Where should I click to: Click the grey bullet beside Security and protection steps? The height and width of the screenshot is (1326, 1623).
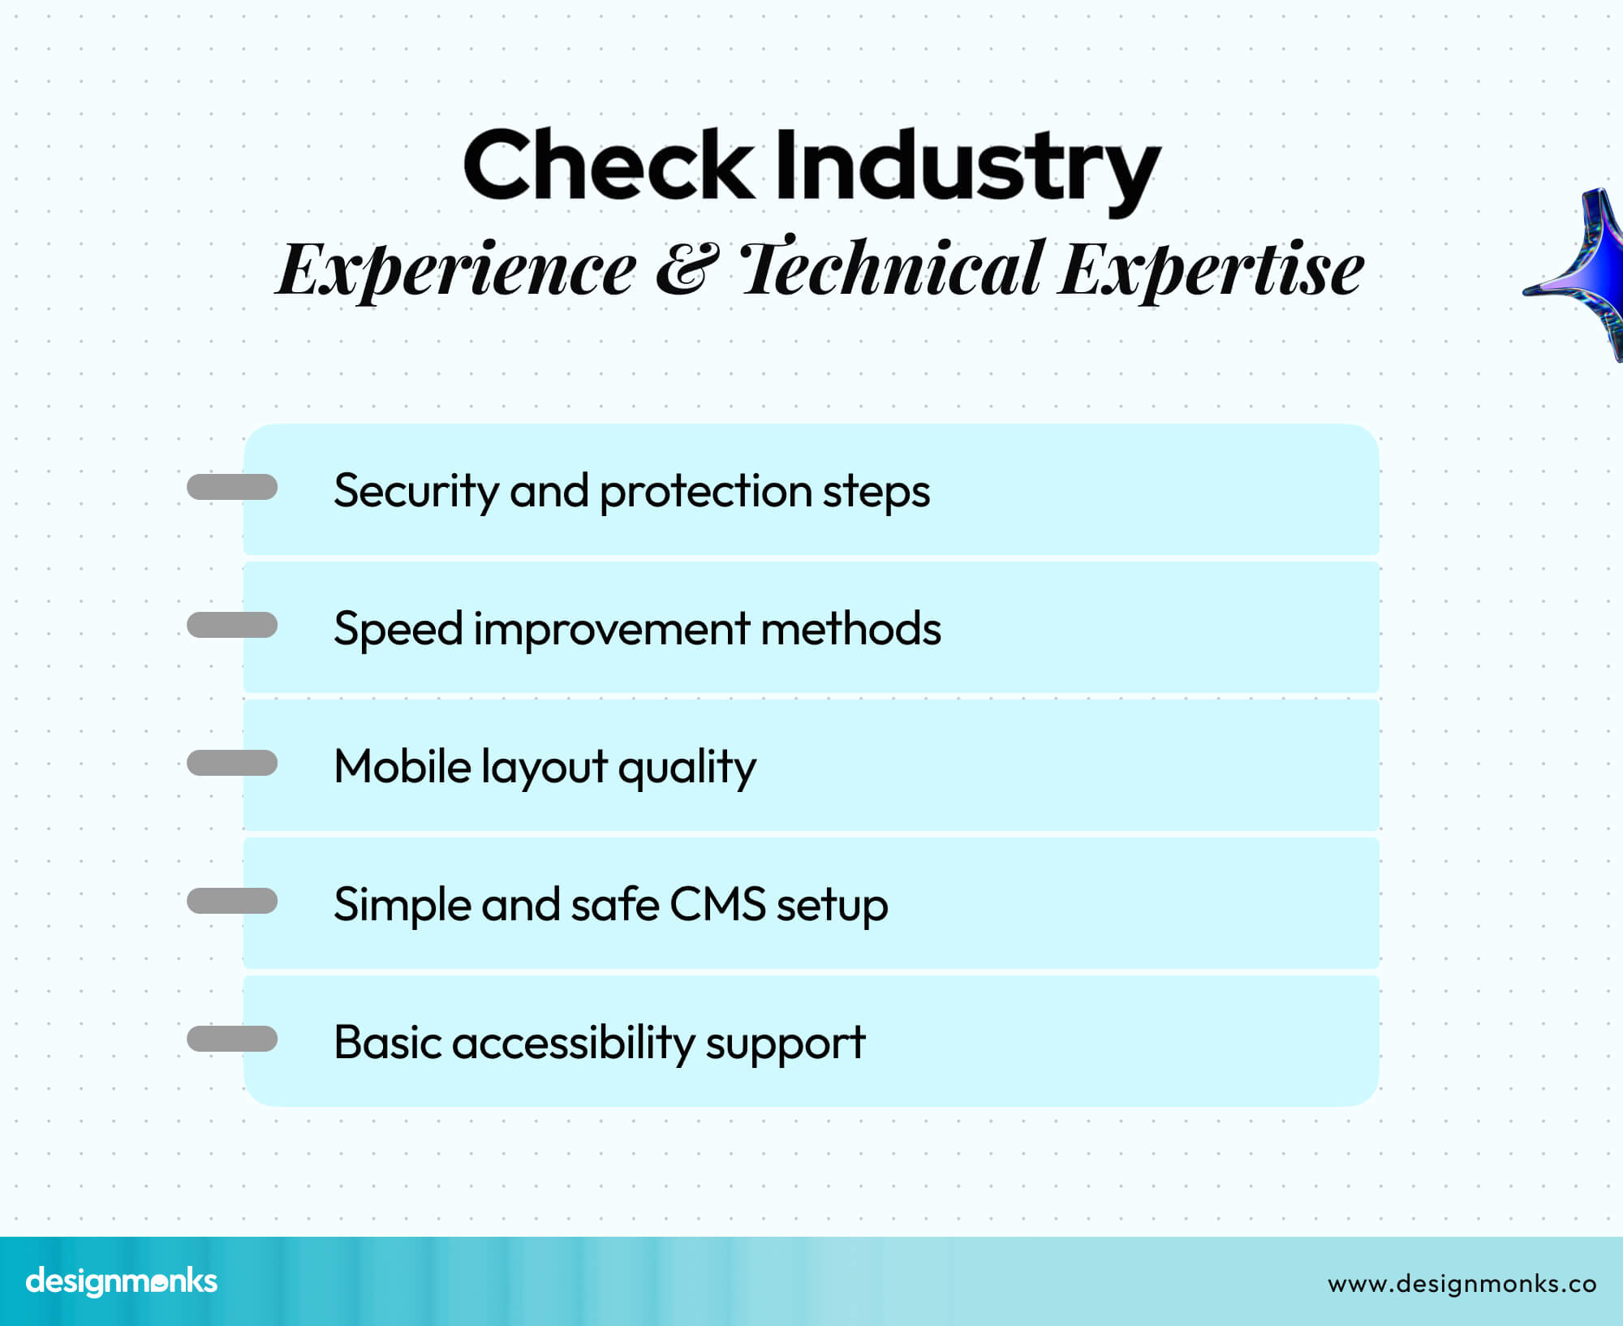tap(232, 487)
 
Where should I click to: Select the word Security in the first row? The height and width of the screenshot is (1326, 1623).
tap(415, 492)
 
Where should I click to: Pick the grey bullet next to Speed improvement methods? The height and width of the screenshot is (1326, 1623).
tap(232, 625)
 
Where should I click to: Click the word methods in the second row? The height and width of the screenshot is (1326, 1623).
tap(850, 629)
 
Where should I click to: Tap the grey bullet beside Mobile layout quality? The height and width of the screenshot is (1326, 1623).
tap(232, 763)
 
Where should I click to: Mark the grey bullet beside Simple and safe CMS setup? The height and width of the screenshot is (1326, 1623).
tap(232, 901)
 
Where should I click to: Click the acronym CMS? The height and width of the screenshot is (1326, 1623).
tap(717, 904)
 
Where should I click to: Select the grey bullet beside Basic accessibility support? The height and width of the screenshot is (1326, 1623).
tap(232, 1039)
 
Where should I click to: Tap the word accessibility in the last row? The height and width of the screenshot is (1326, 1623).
tap(572, 1044)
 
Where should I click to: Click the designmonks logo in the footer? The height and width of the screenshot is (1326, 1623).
tap(122, 1281)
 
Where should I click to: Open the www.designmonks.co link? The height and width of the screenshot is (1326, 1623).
tap(1462, 1284)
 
